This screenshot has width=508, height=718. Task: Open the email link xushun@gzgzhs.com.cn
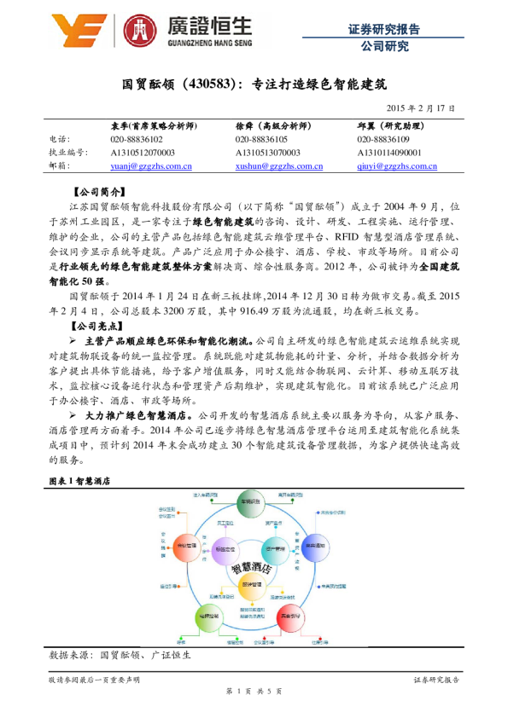(x=279, y=166)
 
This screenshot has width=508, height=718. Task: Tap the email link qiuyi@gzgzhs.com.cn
(x=397, y=166)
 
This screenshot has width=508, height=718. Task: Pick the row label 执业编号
(x=66, y=153)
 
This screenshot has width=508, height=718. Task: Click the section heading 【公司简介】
(x=100, y=193)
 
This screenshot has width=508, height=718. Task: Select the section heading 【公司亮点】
(x=100, y=327)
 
